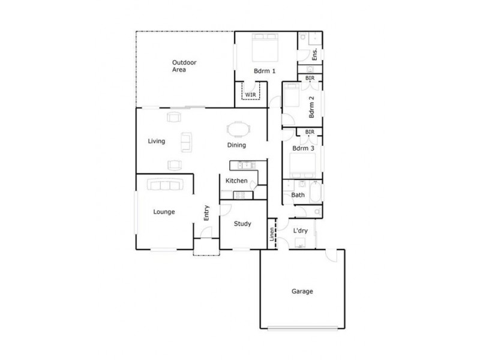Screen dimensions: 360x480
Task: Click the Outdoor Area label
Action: point(185,66)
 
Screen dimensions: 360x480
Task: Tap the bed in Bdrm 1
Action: point(264,46)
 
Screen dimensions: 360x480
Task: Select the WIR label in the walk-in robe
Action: point(250,94)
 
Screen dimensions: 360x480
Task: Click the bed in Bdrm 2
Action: point(292,94)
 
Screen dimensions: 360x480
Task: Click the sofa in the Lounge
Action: point(164,185)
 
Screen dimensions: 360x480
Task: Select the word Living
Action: point(157,142)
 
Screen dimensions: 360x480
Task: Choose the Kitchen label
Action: point(236,181)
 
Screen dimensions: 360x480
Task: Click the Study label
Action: point(242,224)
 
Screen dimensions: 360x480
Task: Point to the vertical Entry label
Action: point(206,214)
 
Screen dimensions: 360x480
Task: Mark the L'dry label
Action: point(301,230)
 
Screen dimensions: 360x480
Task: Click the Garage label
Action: point(302,292)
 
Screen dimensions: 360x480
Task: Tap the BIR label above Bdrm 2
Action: point(310,78)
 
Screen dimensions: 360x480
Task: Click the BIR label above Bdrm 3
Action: point(310,132)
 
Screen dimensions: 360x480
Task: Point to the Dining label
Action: point(236,145)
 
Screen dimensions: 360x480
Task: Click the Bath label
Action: point(298,195)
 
